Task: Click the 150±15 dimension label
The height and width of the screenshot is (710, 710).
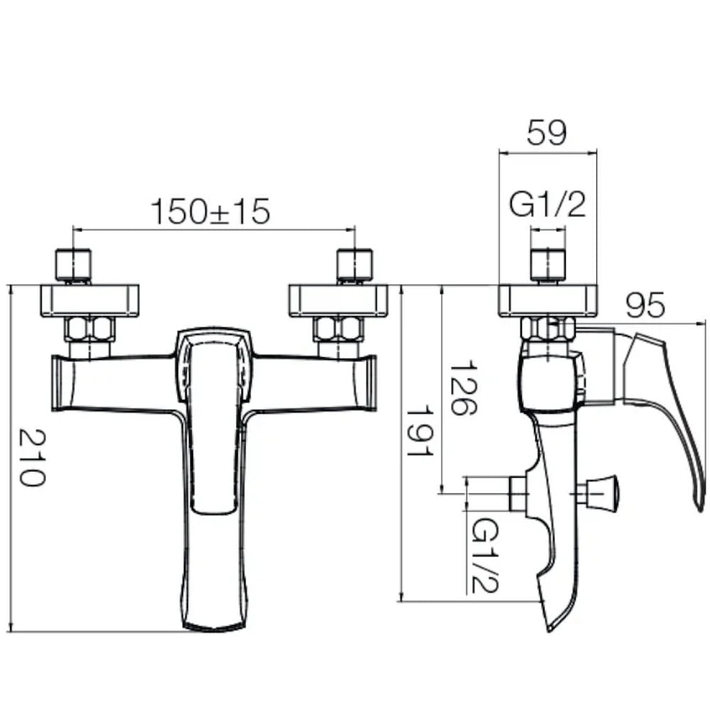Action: (x=210, y=212)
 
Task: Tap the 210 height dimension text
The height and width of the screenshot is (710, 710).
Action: (x=32, y=457)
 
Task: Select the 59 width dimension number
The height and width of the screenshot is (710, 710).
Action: (x=547, y=133)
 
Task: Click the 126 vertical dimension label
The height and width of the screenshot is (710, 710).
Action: (x=463, y=388)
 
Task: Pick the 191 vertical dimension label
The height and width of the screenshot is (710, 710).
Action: (x=420, y=433)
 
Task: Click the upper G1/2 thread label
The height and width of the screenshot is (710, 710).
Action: (x=547, y=204)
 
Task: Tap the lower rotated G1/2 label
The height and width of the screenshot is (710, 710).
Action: (x=485, y=556)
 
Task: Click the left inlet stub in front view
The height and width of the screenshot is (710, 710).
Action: (x=73, y=266)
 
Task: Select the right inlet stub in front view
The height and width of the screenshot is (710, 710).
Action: (x=355, y=266)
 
